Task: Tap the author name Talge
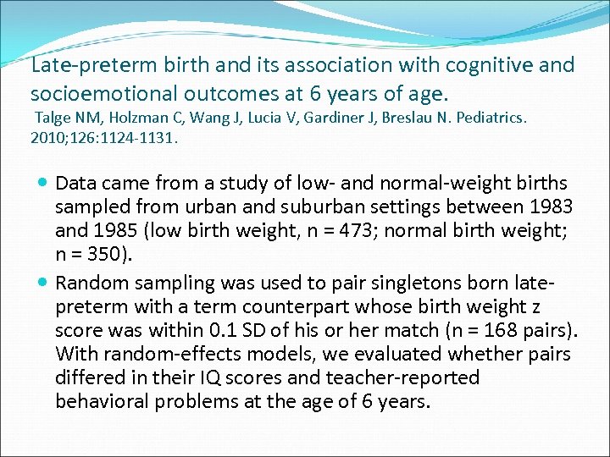click(x=53, y=118)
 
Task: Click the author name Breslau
click(x=418, y=118)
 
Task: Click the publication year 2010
click(x=49, y=135)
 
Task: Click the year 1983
click(x=549, y=206)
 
